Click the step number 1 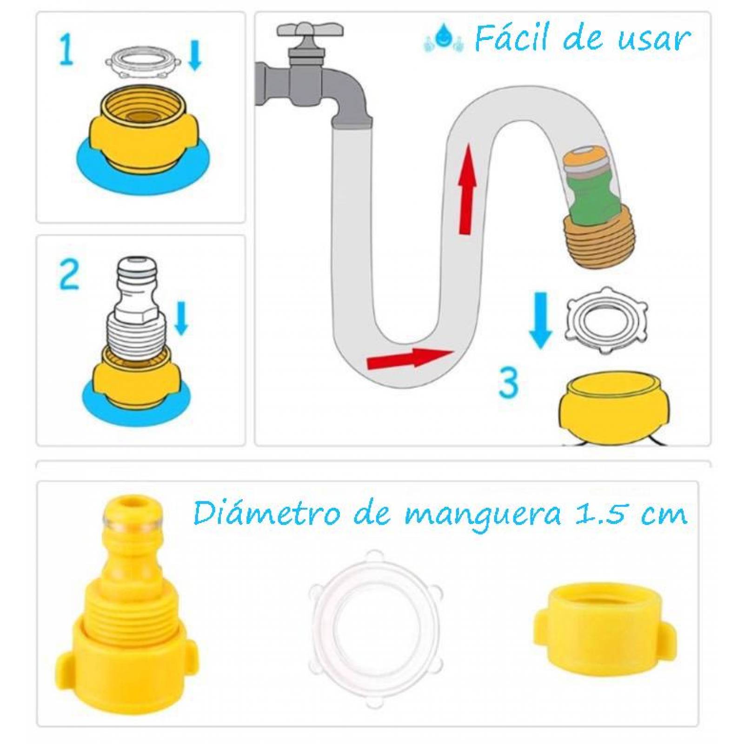click(x=66, y=51)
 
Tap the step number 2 click(x=70, y=275)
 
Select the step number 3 click(x=508, y=382)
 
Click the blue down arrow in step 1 click(x=195, y=55)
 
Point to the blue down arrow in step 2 click(x=181, y=318)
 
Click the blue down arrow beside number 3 click(x=540, y=320)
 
